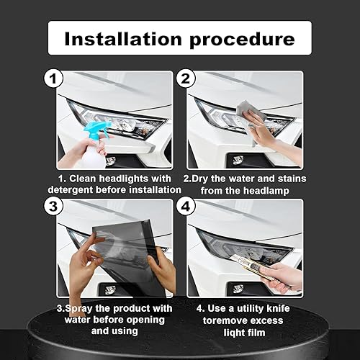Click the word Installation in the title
[x=122, y=38]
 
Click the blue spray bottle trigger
[x=96, y=130]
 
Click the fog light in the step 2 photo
[x=238, y=159]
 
